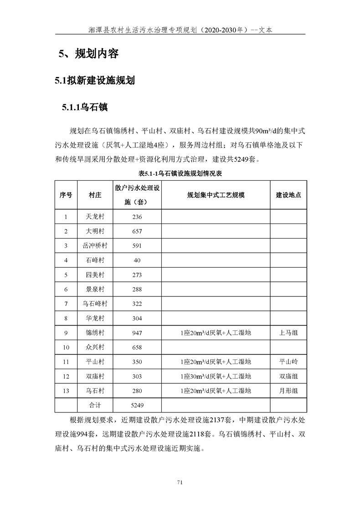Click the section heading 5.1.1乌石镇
click(85, 107)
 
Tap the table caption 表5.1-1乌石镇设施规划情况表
click(180, 173)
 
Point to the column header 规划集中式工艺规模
click(216, 194)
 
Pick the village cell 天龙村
click(95, 217)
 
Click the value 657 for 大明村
click(137, 231)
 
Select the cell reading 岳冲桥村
click(95, 246)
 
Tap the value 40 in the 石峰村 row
click(137, 260)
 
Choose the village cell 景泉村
click(95, 289)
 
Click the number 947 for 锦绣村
click(137, 333)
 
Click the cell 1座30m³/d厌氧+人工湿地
click(216, 377)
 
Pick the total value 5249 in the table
click(137, 405)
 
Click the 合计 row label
click(95, 405)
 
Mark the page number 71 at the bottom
click(180, 483)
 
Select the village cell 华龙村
click(95, 318)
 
